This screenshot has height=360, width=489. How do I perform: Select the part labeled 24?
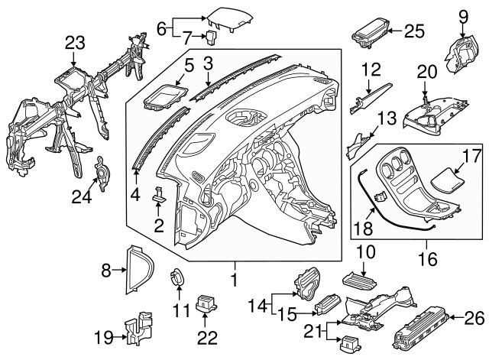point(99,177)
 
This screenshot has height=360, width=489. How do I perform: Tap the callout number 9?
point(462,15)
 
